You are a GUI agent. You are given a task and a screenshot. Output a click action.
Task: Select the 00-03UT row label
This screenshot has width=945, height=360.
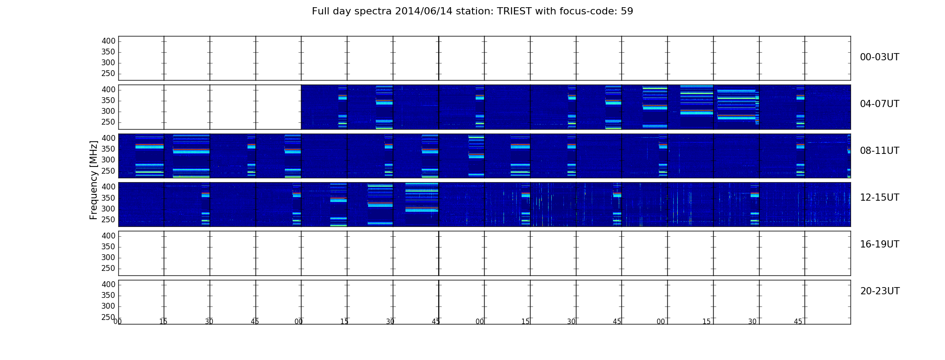(x=879, y=57)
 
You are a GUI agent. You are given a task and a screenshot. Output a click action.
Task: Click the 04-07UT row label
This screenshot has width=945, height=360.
(x=879, y=104)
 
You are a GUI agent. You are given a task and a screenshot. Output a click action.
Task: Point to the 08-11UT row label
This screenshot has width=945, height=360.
(x=879, y=151)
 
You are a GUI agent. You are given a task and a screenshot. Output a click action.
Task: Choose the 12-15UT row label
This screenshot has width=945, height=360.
(x=879, y=198)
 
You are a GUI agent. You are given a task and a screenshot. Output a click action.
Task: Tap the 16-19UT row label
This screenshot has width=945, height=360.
(x=879, y=244)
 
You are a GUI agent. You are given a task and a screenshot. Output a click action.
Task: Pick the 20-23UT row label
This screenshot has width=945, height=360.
(x=880, y=291)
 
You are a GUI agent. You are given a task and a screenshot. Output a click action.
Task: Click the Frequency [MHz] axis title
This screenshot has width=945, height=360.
(x=94, y=180)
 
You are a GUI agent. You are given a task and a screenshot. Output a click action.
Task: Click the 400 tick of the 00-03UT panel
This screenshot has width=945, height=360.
(x=108, y=41)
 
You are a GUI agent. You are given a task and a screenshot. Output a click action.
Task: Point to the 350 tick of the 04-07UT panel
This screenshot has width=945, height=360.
(x=108, y=101)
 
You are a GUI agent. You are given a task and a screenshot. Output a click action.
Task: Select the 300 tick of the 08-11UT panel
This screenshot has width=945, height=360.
(x=108, y=160)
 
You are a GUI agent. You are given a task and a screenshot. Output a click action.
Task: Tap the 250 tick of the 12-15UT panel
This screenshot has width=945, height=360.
(x=108, y=220)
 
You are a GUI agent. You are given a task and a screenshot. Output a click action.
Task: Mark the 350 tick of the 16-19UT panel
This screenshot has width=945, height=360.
(x=108, y=247)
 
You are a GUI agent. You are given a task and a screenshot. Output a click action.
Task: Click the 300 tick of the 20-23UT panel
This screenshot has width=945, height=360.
(x=108, y=306)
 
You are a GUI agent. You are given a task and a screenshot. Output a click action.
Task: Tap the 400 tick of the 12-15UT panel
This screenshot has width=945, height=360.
(x=108, y=187)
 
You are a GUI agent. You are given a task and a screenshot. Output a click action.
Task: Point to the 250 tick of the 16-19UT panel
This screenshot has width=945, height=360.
(x=108, y=269)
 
